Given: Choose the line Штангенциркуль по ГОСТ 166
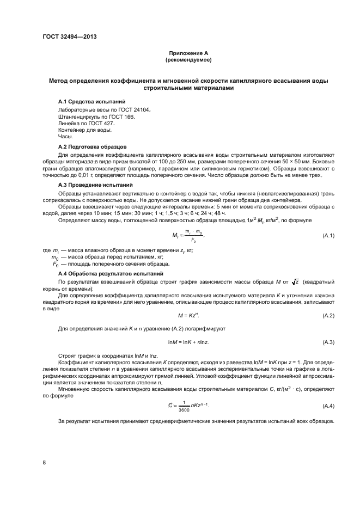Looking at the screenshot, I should pos(95,117).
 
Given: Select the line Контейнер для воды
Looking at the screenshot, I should pos(85,131).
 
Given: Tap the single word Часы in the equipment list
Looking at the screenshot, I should pos(65,138).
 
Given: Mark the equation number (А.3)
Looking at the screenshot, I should pos(328,342).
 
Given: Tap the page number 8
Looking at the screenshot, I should pos(44,463).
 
